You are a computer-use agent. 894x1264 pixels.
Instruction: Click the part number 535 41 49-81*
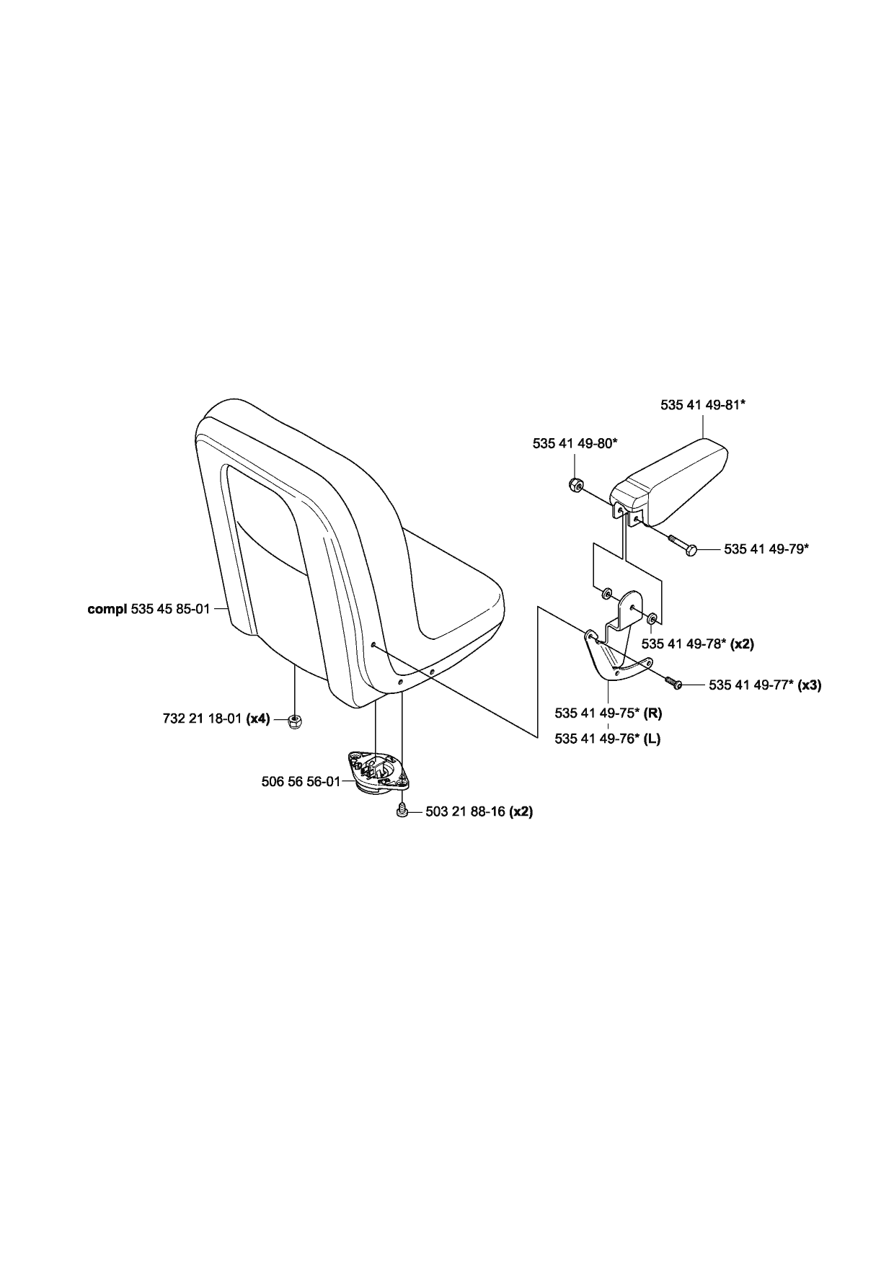click(702, 405)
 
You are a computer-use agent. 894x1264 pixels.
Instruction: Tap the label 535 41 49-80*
click(575, 444)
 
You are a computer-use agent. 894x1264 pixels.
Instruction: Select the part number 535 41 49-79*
click(766, 549)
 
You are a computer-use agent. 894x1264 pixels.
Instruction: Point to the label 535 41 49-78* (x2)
click(697, 644)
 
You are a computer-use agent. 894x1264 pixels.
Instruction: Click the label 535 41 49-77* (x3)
click(765, 685)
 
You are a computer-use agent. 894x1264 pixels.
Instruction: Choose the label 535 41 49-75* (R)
click(608, 713)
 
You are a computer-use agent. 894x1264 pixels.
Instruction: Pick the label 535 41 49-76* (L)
click(607, 739)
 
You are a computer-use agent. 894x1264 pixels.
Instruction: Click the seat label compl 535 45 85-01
click(149, 609)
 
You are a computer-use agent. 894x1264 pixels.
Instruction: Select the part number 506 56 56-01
click(301, 781)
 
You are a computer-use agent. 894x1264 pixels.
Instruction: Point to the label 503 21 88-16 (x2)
click(479, 811)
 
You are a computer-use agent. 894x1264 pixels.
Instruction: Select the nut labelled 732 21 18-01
click(294, 720)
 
